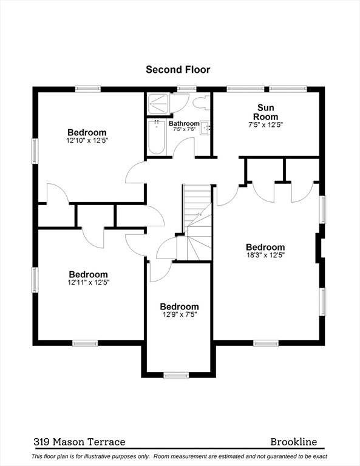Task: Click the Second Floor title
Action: click(178, 70)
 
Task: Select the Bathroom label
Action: click(184, 123)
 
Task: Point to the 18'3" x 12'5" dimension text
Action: click(265, 255)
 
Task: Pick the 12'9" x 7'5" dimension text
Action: click(178, 315)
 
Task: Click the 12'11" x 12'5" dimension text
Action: click(88, 282)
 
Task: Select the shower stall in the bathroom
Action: click(158, 103)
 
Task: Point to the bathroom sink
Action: click(205, 127)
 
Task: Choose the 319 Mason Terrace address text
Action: click(79, 442)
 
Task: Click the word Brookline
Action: click(293, 442)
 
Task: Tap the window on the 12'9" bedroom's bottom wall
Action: click(176, 376)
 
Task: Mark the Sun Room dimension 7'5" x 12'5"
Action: click(266, 125)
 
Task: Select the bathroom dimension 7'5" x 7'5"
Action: click(184, 129)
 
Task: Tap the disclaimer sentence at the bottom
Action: click(180, 456)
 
